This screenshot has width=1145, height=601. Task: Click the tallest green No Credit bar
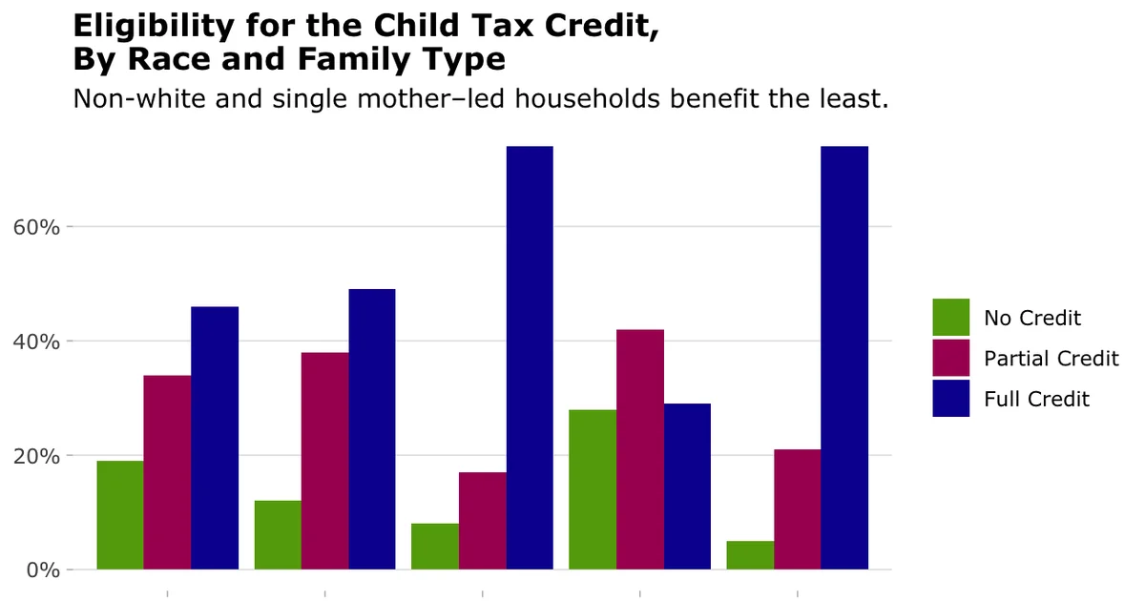[x=593, y=489]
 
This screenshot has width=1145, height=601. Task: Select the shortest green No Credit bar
[x=750, y=555]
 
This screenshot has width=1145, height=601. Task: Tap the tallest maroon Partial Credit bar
[x=640, y=449]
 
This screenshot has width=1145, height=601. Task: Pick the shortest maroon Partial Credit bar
[x=483, y=521]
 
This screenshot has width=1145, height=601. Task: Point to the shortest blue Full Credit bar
[x=687, y=487]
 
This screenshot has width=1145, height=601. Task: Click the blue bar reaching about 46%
[x=215, y=438]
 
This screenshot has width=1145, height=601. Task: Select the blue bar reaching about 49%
[x=372, y=429]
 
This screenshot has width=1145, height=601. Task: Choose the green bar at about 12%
[x=278, y=535]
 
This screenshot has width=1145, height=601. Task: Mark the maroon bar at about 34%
[x=167, y=472]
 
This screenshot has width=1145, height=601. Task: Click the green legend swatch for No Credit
[x=950, y=318]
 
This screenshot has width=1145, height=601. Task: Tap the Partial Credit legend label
[x=1051, y=359]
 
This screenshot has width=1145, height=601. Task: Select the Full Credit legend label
[x=1036, y=400]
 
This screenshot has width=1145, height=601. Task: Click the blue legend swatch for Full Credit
[x=950, y=399]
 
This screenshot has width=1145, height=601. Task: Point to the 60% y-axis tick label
[x=37, y=228]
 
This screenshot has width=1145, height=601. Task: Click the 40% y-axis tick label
[x=37, y=342]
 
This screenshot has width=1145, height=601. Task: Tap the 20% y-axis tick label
[x=37, y=456]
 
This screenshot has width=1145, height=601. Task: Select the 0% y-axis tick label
[x=43, y=570]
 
